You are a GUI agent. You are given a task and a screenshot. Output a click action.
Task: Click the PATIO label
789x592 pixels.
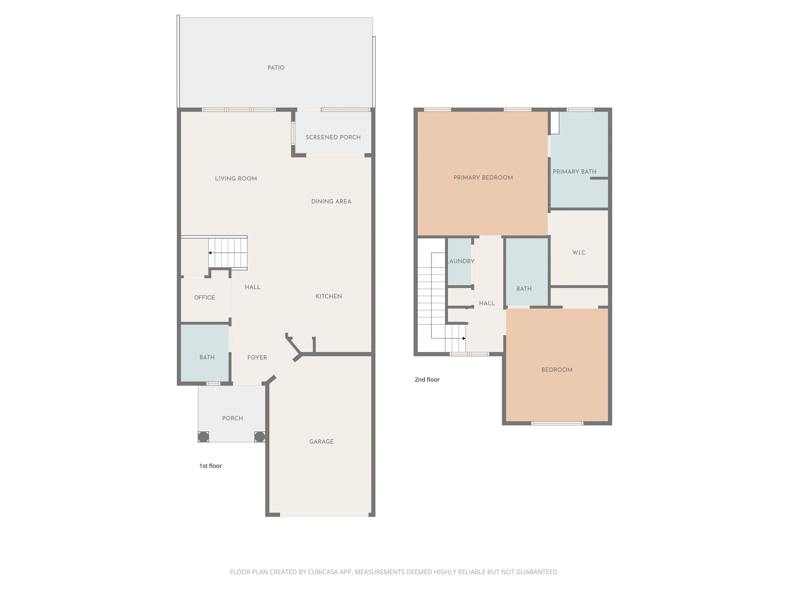[x=276, y=68]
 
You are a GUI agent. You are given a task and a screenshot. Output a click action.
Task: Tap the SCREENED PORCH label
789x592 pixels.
[x=333, y=137]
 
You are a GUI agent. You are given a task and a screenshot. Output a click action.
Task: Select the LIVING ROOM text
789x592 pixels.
[x=236, y=178]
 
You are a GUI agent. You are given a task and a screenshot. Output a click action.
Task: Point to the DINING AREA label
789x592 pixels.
[x=331, y=201]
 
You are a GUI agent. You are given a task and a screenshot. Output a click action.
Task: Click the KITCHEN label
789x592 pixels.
[x=329, y=296]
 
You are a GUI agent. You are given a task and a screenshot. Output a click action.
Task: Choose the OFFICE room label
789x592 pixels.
[x=205, y=298]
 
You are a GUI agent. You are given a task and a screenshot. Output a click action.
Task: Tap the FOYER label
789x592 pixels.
[x=257, y=358]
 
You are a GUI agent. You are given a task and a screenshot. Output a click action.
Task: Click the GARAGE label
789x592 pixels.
[x=321, y=442]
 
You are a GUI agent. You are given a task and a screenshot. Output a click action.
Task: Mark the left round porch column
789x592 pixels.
[x=203, y=437]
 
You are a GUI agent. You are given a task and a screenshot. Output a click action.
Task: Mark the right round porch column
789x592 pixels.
[x=260, y=437]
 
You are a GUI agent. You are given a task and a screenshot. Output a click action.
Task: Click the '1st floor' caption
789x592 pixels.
[x=210, y=466]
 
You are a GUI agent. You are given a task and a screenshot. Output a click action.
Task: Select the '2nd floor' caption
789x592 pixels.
[x=427, y=380]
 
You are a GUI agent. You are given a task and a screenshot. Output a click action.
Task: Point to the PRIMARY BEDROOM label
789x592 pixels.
[x=483, y=178]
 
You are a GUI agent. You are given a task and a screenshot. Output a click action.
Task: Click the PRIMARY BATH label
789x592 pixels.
[x=574, y=172]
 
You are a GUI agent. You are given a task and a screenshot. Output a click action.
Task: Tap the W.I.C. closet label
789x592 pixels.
[x=579, y=253]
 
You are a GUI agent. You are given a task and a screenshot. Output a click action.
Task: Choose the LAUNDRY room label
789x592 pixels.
[x=461, y=261]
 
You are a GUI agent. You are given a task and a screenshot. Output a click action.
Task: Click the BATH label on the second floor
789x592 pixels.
[x=524, y=289]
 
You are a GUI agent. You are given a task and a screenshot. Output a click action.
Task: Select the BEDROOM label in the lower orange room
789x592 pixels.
[x=557, y=370]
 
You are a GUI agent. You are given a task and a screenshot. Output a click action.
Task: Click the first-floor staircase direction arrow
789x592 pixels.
[x=210, y=253]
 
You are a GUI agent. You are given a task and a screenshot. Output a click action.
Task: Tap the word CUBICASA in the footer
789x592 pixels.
[x=323, y=572]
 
